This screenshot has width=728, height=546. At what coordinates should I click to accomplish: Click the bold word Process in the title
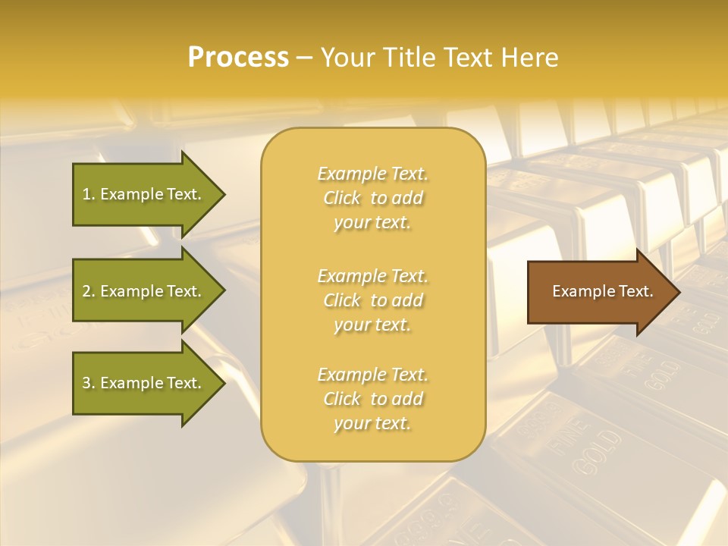click(238, 58)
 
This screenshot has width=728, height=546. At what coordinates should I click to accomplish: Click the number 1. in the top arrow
click(89, 194)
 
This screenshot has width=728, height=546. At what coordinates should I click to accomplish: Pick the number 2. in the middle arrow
click(89, 291)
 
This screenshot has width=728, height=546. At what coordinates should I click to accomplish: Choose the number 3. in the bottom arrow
click(89, 383)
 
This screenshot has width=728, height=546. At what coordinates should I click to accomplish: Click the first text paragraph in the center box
click(372, 198)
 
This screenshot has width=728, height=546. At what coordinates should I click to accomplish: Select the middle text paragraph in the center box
click(372, 300)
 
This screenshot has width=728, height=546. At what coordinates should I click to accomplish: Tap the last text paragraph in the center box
click(372, 399)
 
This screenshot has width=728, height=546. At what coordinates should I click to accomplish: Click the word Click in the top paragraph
click(343, 198)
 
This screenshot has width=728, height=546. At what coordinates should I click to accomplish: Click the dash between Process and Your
click(305, 58)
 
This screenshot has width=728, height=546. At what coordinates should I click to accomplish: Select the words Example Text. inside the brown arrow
click(602, 291)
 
